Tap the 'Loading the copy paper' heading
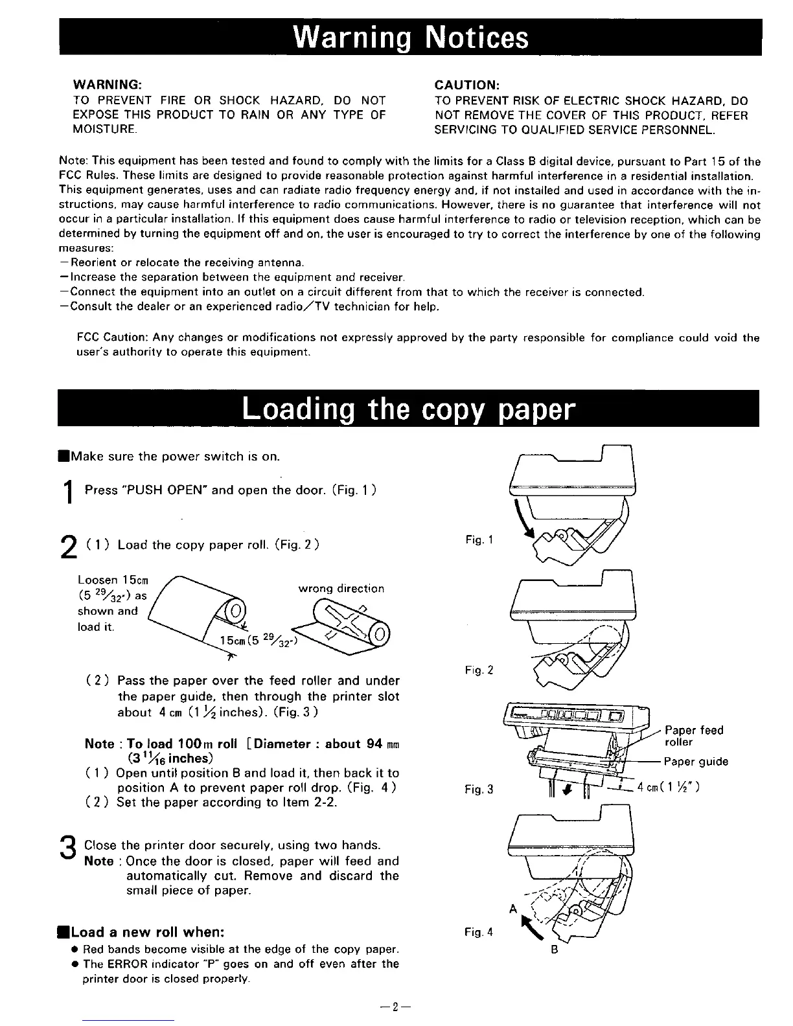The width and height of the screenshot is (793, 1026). coord(409,409)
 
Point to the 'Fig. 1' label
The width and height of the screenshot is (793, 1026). coord(479,539)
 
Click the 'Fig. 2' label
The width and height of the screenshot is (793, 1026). coord(479,670)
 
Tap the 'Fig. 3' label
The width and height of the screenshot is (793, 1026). coord(479,789)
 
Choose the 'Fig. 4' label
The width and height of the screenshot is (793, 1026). coord(479,932)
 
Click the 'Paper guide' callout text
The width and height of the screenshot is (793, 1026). coord(696,762)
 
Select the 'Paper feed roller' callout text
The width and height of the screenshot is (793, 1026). coord(694,736)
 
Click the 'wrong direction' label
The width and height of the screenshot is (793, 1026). coord(341,589)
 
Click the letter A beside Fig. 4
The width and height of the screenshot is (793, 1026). coord(512,908)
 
